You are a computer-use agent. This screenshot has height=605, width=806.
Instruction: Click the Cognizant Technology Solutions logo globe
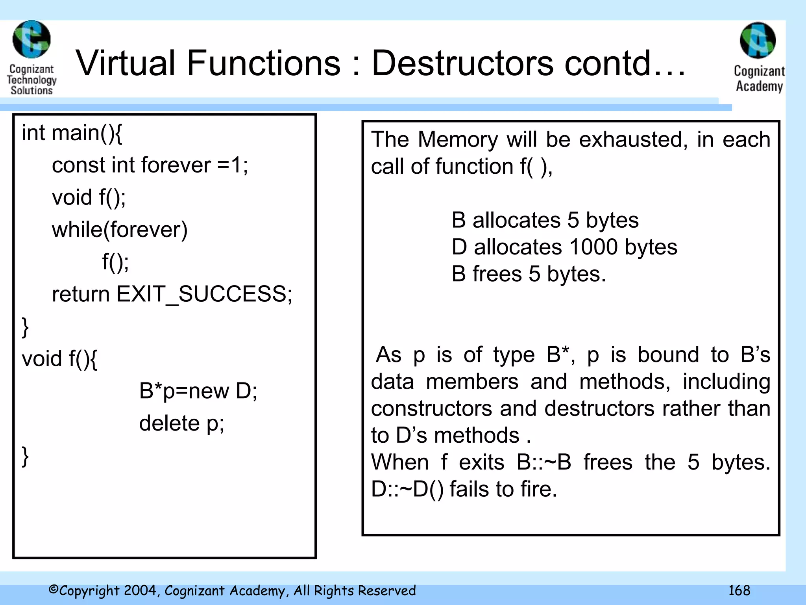point(31,39)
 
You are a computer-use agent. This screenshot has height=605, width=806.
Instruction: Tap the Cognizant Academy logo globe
point(758,41)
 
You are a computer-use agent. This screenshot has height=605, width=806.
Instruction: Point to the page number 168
point(739,590)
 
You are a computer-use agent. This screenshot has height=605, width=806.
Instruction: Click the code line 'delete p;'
point(181,423)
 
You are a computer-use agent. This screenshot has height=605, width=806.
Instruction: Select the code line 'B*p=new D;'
point(198,391)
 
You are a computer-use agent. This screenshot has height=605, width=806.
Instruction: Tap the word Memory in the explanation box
point(458,139)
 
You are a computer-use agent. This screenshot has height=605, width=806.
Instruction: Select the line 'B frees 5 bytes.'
point(529,274)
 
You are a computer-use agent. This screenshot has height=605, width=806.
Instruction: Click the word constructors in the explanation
point(431,408)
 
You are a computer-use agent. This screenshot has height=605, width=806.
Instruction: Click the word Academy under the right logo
point(759,86)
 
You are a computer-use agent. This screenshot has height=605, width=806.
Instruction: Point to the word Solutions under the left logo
point(31,90)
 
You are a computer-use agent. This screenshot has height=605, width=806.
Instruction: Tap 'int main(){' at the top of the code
point(72,133)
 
